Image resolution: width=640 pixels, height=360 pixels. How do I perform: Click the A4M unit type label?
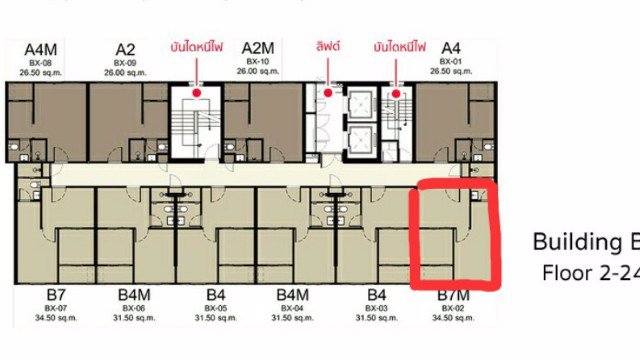42,49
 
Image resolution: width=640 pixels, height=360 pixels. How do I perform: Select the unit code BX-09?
125,62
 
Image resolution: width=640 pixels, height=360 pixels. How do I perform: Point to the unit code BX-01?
450,62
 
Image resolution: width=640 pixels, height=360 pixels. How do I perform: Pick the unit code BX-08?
42,62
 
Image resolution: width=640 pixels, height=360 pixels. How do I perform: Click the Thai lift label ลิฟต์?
328,46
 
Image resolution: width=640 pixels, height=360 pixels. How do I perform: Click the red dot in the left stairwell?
198,91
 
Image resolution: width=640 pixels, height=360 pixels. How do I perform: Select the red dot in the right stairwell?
398,91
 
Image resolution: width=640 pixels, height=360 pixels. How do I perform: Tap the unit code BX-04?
292,308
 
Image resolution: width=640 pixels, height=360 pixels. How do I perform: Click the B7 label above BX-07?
56,296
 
